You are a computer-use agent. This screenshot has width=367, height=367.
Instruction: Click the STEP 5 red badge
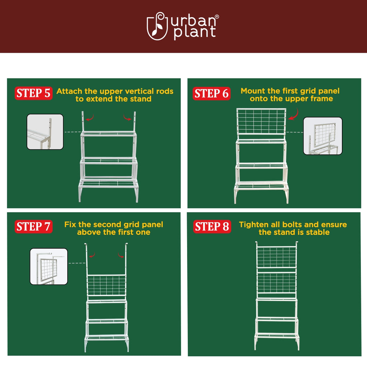pyautogui.click(x=33, y=93)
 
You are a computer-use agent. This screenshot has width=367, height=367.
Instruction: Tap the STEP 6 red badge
pyautogui.click(x=211, y=94)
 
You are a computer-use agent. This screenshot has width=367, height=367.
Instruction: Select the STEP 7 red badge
pyautogui.click(x=33, y=227)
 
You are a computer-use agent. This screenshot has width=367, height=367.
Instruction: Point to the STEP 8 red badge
pyautogui.click(x=212, y=227)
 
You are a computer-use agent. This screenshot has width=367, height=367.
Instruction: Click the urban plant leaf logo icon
pyautogui.click(x=157, y=26)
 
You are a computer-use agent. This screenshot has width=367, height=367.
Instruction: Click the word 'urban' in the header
pyautogui.click(x=193, y=21)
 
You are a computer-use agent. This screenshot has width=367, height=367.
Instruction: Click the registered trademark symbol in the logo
pyautogui.click(x=217, y=16)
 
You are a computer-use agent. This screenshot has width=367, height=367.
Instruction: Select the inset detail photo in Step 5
pyautogui.click(x=45, y=132)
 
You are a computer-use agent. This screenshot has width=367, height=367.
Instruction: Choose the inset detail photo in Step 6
pyautogui.click(x=323, y=136)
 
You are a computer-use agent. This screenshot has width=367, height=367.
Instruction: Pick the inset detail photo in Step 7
pyautogui.click(x=49, y=267)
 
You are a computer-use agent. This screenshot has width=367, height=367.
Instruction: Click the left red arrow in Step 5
pyautogui.click(x=90, y=118)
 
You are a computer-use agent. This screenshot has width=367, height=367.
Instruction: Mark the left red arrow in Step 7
pyautogui.click(x=92, y=255)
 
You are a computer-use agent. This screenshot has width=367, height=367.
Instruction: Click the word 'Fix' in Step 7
pyautogui.click(x=70, y=224)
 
